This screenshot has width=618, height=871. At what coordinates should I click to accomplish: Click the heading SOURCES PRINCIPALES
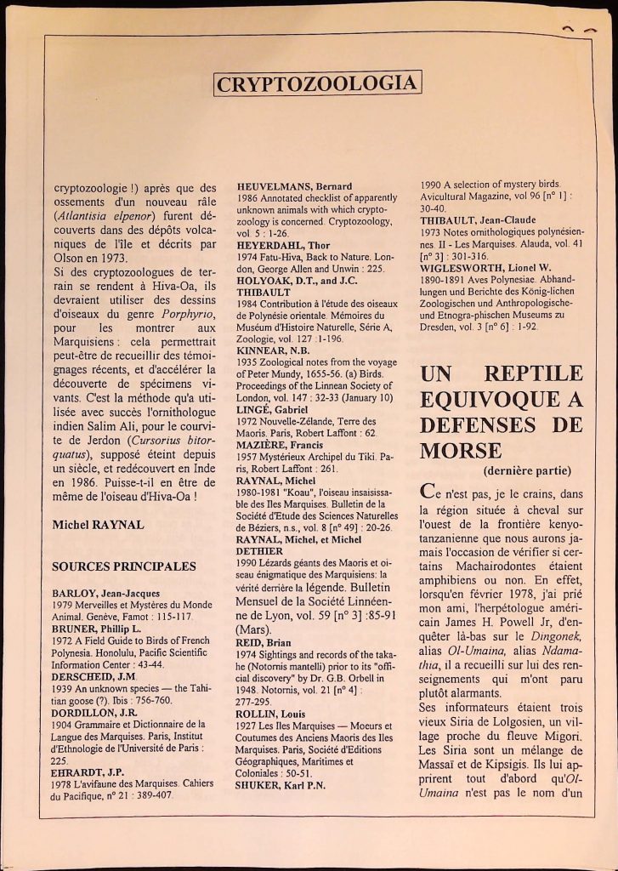point(124,566)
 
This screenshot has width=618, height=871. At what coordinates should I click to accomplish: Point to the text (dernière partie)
point(527,470)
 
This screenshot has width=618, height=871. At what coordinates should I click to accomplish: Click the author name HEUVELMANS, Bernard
point(294,186)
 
